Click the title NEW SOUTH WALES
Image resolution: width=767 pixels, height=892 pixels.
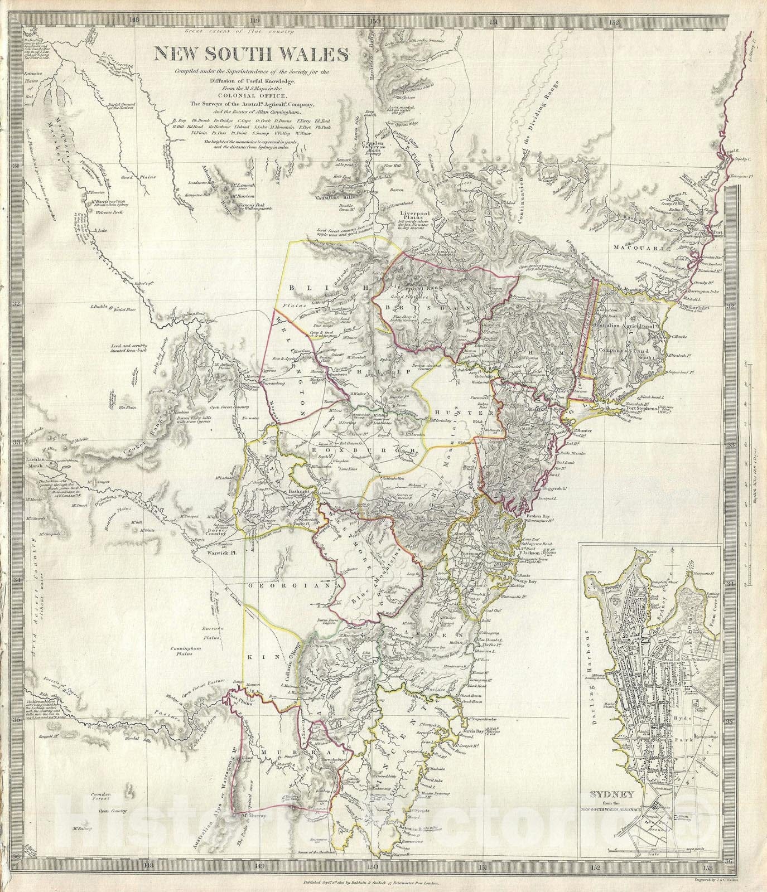click(x=252, y=55)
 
